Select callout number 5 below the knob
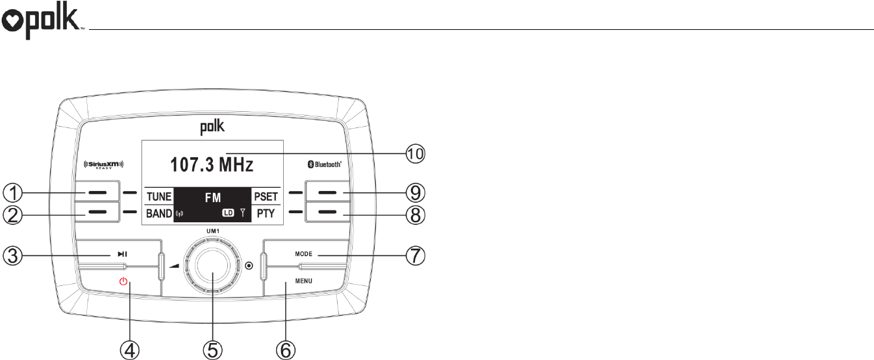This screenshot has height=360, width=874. tap(212, 350)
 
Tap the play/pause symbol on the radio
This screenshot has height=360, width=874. tap(122, 254)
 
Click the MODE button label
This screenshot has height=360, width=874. tap(304, 254)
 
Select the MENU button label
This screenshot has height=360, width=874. tap(304, 281)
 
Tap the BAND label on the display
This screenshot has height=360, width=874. tap(159, 213)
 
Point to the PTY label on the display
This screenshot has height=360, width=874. tap(266, 213)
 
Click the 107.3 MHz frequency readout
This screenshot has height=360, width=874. tap(212, 164)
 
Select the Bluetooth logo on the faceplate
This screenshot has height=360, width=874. tap(324, 165)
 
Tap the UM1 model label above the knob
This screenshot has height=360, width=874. tap(212, 231)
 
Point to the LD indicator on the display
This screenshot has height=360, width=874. tap(227, 213)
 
